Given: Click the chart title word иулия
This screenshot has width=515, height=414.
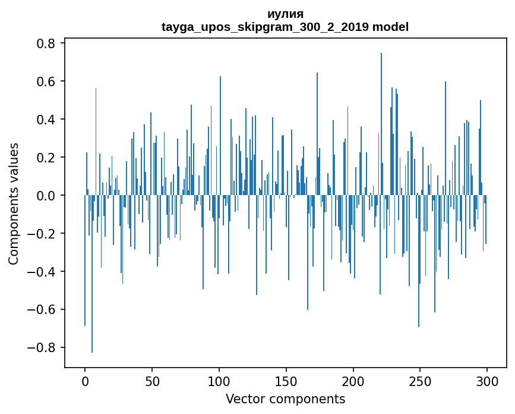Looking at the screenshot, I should (x=285, y=14).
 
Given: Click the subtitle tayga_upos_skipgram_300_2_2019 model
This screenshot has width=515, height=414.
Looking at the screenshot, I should (x=285, y=27).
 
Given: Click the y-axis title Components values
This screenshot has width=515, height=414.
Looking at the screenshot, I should (x=14, y=203).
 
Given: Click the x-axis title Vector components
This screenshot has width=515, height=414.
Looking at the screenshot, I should (x=285, y=399).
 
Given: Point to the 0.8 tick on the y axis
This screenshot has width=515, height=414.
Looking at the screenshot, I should (x=48, y=43).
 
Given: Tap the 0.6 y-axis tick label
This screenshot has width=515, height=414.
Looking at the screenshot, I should (x=48, y=81).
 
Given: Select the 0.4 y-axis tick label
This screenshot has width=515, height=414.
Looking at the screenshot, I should (x=48, y=120).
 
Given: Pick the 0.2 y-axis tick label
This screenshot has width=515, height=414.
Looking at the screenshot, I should (x=48, y=158).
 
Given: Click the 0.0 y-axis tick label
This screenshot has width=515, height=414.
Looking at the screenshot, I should (x=48, y=196).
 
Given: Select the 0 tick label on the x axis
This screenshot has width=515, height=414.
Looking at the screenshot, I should (x=85, y=380).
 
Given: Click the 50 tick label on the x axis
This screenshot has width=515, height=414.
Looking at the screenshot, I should (x=152, y=380).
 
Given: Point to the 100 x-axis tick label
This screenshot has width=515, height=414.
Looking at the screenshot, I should (x=219, y=380).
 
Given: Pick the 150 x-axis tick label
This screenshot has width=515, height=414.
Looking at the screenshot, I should (x=286, y=380).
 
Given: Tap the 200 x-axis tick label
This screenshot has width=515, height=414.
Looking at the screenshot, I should (x=353, y=380).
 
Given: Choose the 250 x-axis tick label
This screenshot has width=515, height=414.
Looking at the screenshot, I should (x=420, y=380).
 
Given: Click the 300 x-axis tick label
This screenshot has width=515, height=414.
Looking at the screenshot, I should (x=487, y=380).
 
